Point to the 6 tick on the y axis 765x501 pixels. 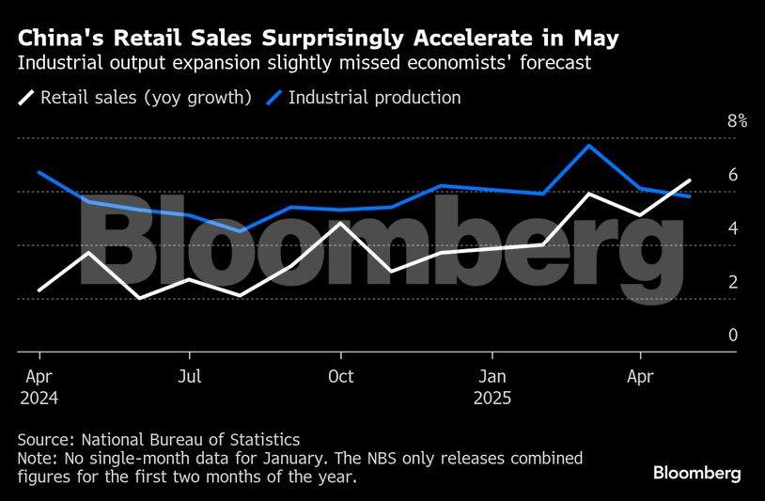click(x=732, y=175)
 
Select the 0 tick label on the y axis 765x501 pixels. click(x=732, y=335)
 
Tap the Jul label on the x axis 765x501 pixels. click(x=190, y=377)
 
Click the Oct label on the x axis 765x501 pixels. click(x=340, y=377)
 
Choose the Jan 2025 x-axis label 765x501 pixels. click(x=492, y=386)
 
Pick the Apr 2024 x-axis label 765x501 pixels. click(x=39, y=386)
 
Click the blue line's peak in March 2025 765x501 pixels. click(x=588, y=146)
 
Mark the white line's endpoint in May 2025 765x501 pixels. click(x=691, y=180)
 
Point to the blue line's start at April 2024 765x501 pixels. click(x=39, y=172)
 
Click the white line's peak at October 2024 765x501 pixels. click(x=340, y=223)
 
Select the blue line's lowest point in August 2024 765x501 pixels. click(x=241, y=230)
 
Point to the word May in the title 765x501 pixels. click(x=596, y=39)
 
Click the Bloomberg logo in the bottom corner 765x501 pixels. click(x=697, y=472)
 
